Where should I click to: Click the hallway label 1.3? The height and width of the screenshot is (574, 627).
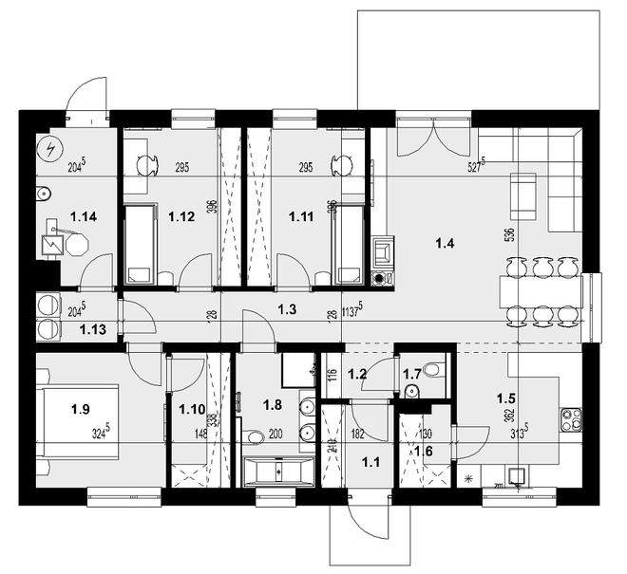pyautogui.click(x=287, y=308)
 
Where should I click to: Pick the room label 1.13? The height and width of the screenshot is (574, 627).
pyautogui.click(x=92, y=330)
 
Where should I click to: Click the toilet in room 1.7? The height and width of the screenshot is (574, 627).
pyautogui.click(x=433, y=369)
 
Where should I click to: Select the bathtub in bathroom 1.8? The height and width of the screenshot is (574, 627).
pyautogui.click(x=278, y=471)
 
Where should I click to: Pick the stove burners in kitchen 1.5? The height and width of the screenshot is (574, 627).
pyautogui.click(x=571, y=416)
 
